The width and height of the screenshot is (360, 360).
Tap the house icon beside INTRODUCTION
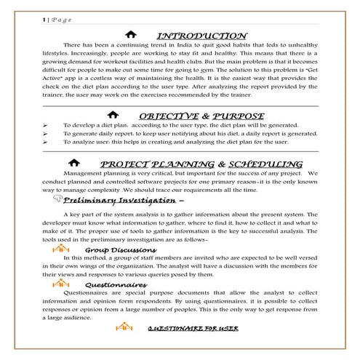(130, 35)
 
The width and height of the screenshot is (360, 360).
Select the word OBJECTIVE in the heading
(165, 115)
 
